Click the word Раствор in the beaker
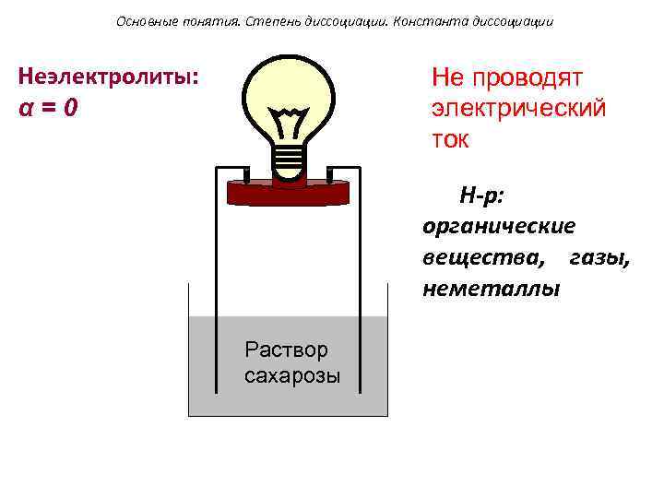click(x=286, y=350)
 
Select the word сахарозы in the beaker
click(x=292, y=375)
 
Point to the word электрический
click(x=518, y=108)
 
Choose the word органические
click(x=499, y=226)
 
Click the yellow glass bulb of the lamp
click(x=290, y=88)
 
